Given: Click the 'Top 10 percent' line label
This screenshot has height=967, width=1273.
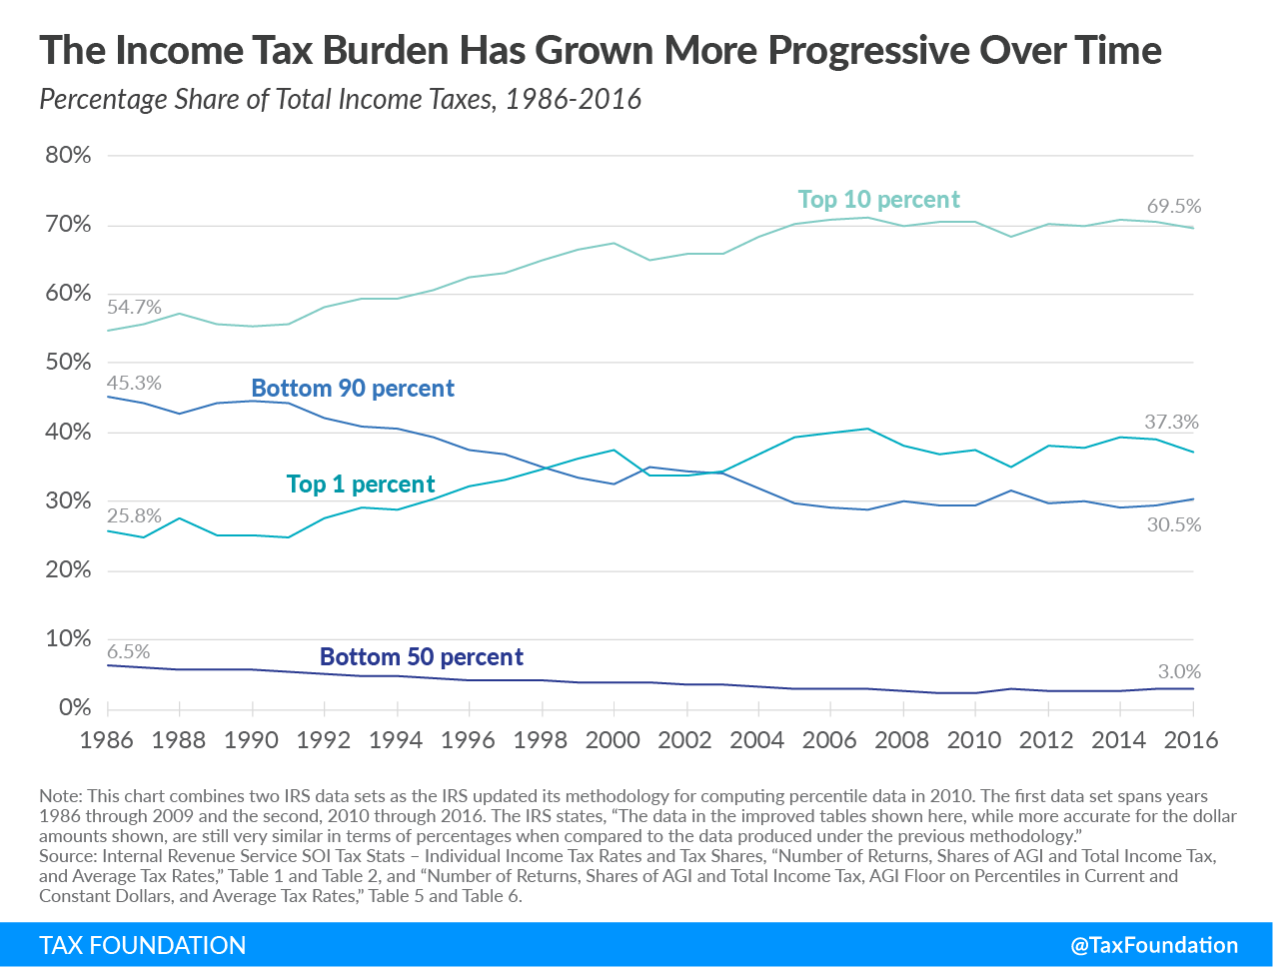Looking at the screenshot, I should (x=878, y=200).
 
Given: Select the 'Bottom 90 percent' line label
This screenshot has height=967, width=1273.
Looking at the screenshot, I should (x=353, y=389).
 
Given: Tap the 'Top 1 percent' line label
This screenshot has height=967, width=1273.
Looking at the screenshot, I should (x=361, y=484).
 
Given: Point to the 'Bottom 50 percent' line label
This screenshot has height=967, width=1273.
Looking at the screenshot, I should (x=421, y=657).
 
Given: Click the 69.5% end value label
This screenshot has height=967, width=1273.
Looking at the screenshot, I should (x=1173, y=207).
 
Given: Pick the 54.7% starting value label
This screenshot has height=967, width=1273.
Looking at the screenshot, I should (x=134, y=308).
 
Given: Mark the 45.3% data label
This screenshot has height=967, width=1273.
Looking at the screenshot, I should (x=134, y=384).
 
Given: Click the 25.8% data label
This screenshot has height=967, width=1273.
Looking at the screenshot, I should (x=134, y=516).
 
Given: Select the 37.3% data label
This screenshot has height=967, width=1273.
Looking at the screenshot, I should (x=1171, y=423).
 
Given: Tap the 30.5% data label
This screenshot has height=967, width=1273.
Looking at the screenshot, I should (x=1173, y=525).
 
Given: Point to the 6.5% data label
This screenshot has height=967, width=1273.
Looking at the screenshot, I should (x=128, y=652).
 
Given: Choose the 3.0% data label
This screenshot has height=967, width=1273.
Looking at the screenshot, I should (x=1179, y=672).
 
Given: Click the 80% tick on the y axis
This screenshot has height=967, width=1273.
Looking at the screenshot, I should (x=68, y=156).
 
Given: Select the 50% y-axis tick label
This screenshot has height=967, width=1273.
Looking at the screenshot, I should (x=68, y=363).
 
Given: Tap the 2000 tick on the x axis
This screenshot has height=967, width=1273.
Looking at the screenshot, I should (x=613, y=740).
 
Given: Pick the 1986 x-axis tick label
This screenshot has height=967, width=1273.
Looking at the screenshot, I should (x=107, y=740).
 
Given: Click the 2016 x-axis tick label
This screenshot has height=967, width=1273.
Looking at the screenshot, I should (x=1191, y=740).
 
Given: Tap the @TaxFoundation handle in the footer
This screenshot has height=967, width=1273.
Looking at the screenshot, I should (x=1154, y=945).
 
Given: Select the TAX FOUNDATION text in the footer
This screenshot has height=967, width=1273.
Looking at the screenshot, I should (x=142, y=945).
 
